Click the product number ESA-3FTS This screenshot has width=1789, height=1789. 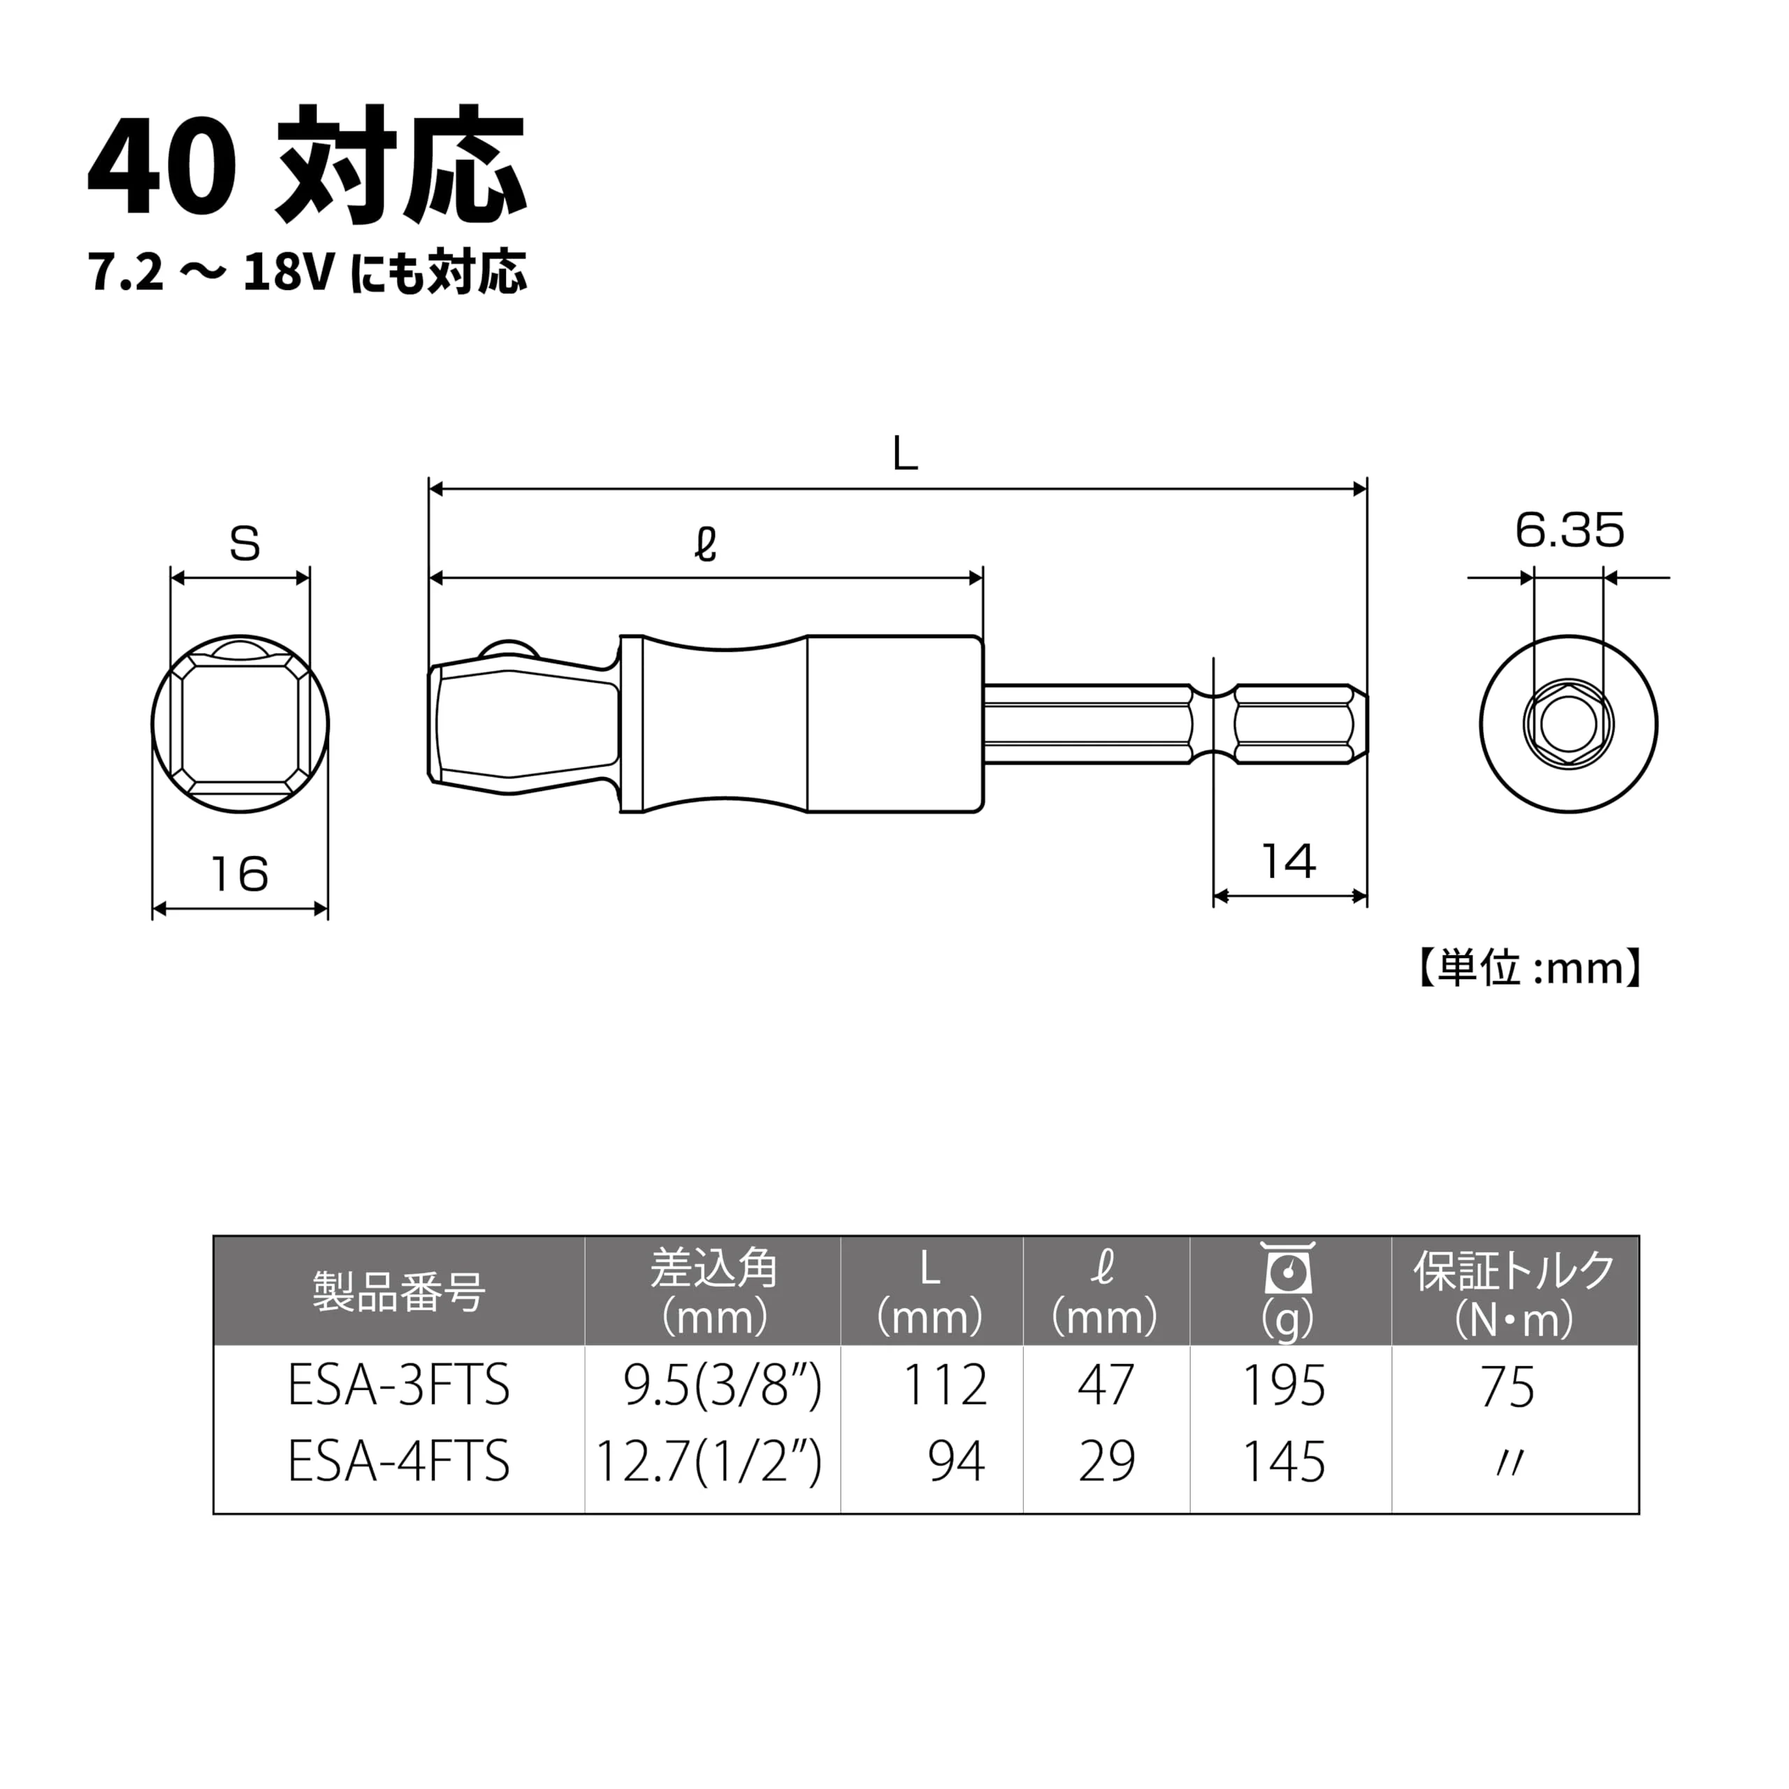click(398, 1386)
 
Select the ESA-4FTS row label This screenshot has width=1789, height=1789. click(398, 1462)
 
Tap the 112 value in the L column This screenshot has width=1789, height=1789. click(945, 1386)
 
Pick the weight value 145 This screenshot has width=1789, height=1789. click(1284, 1462)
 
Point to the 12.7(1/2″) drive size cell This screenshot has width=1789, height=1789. click(709, 1462)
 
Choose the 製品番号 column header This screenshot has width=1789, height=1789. click(398, 1291)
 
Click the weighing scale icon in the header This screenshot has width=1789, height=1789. click(1288, 1268)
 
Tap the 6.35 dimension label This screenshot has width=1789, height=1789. click(1570, 530)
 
